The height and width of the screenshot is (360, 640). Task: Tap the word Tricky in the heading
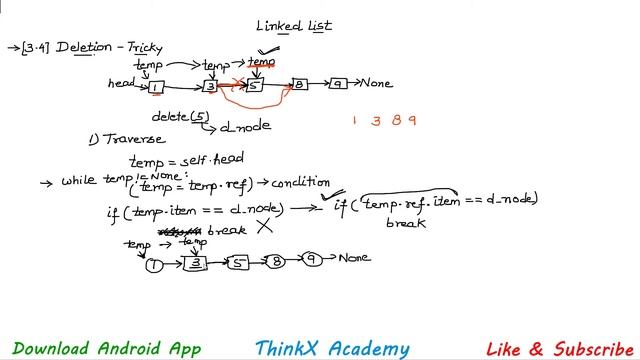point(142,48)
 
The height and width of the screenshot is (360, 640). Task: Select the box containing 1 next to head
point(156,87)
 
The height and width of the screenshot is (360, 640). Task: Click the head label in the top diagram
point(122,84)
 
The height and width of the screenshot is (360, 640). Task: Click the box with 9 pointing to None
point(339,84)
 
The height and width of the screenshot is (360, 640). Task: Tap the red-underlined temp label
point(262,62)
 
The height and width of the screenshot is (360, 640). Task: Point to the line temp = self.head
point(187,159)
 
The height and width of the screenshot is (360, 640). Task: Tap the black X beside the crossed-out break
point(264,227)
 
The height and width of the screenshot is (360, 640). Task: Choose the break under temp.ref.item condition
point(406,222)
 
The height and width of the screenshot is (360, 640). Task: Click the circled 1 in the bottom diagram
point(154,264)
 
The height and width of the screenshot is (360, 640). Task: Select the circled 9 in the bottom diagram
point(312,259)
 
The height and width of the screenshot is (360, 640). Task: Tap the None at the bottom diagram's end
point(354,258)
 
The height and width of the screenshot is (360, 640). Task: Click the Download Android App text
point(107,348)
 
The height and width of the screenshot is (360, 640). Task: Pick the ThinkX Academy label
point(332,348)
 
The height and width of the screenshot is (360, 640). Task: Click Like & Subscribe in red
point(560,348)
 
